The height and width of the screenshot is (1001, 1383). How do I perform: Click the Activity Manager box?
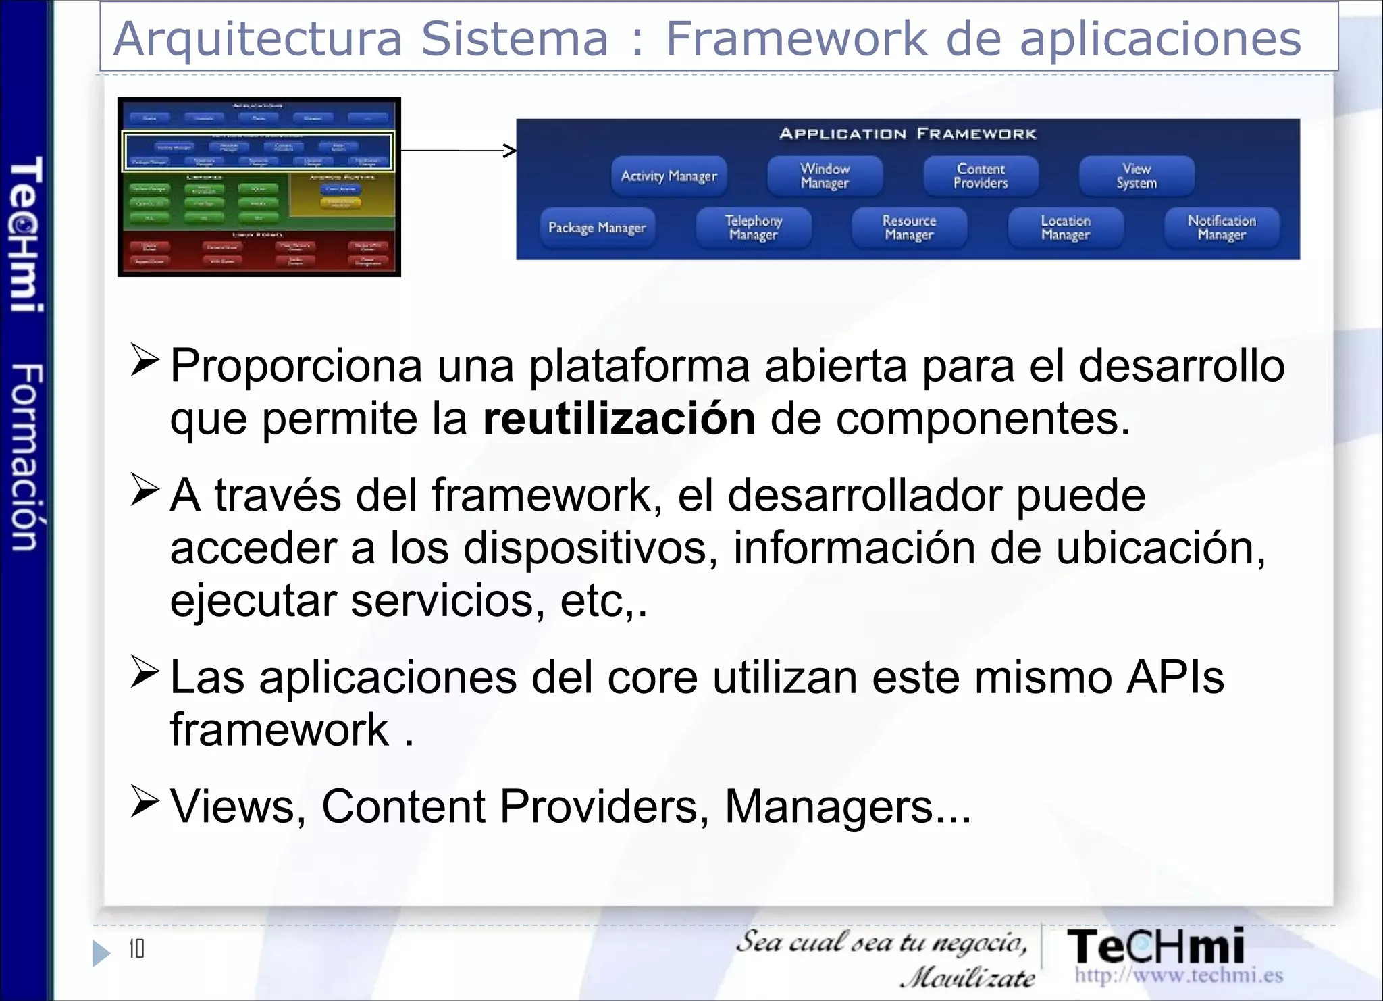pyautogui.click(x=669, y=176)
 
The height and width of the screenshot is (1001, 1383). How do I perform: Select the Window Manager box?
pyautogui.click(x=825, y=176)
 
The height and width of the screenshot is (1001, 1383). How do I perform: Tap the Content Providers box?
pyautogui.click(x=981, y=176)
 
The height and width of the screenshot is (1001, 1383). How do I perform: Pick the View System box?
pyautogui.click(x=1137, y=176)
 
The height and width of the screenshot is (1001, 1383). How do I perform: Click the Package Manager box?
pyautogui.click(x=597, y=228)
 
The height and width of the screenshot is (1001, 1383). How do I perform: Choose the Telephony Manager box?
pyautogui.click(x=754, y=228)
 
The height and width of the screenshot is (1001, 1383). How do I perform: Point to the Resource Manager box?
pyautogui.click(x=910, y=228)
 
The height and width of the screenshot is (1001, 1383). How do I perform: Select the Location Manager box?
pyautogui.click(x=1066, y=228)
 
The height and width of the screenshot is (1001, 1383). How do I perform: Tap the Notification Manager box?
pyautogui.click(x=1222, y=228)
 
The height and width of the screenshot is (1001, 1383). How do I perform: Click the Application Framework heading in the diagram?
pyautogui.click(x=908, y=134)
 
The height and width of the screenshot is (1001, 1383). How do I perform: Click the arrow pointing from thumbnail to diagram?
pyautogui.click(x=459, y=150)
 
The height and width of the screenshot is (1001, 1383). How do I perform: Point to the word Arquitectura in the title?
pyautogui.click(x=258, y=38)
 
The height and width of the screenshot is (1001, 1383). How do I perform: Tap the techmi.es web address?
pyautogui.click(x=1179, y=975)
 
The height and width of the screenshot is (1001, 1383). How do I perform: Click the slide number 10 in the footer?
pyautogui.click(x=136, y=949)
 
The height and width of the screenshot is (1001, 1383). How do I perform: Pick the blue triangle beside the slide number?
pyautogui.click(x=101, y=953)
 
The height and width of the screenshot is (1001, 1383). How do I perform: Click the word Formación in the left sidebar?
pyautogui.click(x=27, y=457)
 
